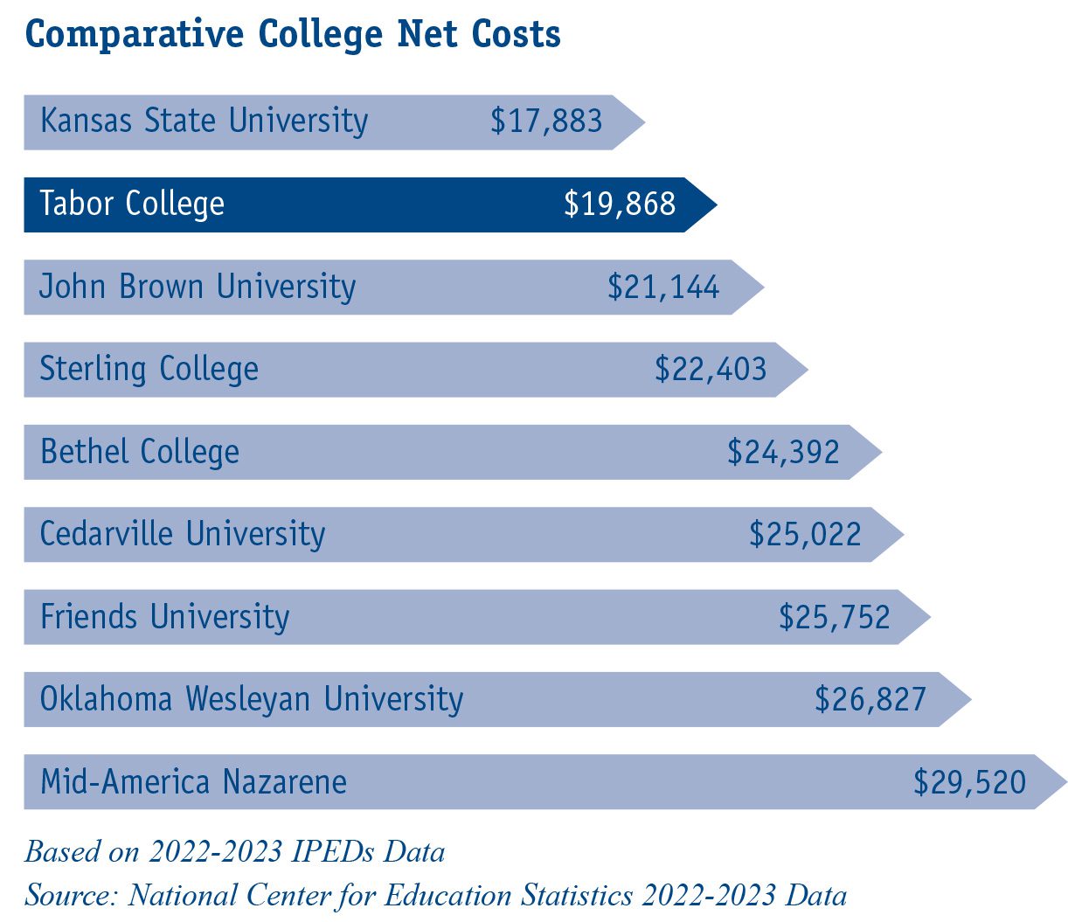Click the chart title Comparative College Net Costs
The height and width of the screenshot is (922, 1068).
pyautogui.click(x=293, y=35)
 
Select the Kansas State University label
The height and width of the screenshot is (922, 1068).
pyautogui.click(x=205, y=121)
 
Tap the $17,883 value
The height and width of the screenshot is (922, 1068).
pyautogui.click(x=546, y=121)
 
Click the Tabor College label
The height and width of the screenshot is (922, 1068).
pyautogui.click(x=132, y=204)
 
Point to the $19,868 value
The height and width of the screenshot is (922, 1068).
pyautogui.click(x=620, y=204)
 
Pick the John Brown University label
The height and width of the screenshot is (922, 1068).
pyautogui.click(x=198, y=287)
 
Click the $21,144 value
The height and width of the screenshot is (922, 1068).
pyautogui.click(x=663, y=287)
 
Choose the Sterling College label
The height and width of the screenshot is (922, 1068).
pyautogui.click(x=149, y=369)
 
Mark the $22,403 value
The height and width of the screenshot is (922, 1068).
pyautogui.click(x=711, y=369)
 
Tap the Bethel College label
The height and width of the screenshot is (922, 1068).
pyautogui.click(x=140, y=452)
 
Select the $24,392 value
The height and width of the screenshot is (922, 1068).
pyautogui.click(x=783, y=452)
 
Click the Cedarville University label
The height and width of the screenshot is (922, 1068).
pyautogui.click(x=183, y=534)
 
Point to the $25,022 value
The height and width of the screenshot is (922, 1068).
pyautogui.click(x=805, y=534)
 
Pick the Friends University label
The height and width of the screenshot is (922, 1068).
pyautogui.click(x=165, y=617)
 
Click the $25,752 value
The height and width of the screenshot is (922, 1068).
pyautogui.click(x=835, y=617)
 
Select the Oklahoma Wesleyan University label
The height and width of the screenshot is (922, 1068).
pyautogui.click(x=252, y=699)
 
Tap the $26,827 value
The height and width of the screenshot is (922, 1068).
pyautogui.click(x=870, y=699)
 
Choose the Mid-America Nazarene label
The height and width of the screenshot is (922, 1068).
pyautogui.click(x=194, y=781)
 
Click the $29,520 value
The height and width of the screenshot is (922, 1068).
pyautogui.click(x=970, y=781)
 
